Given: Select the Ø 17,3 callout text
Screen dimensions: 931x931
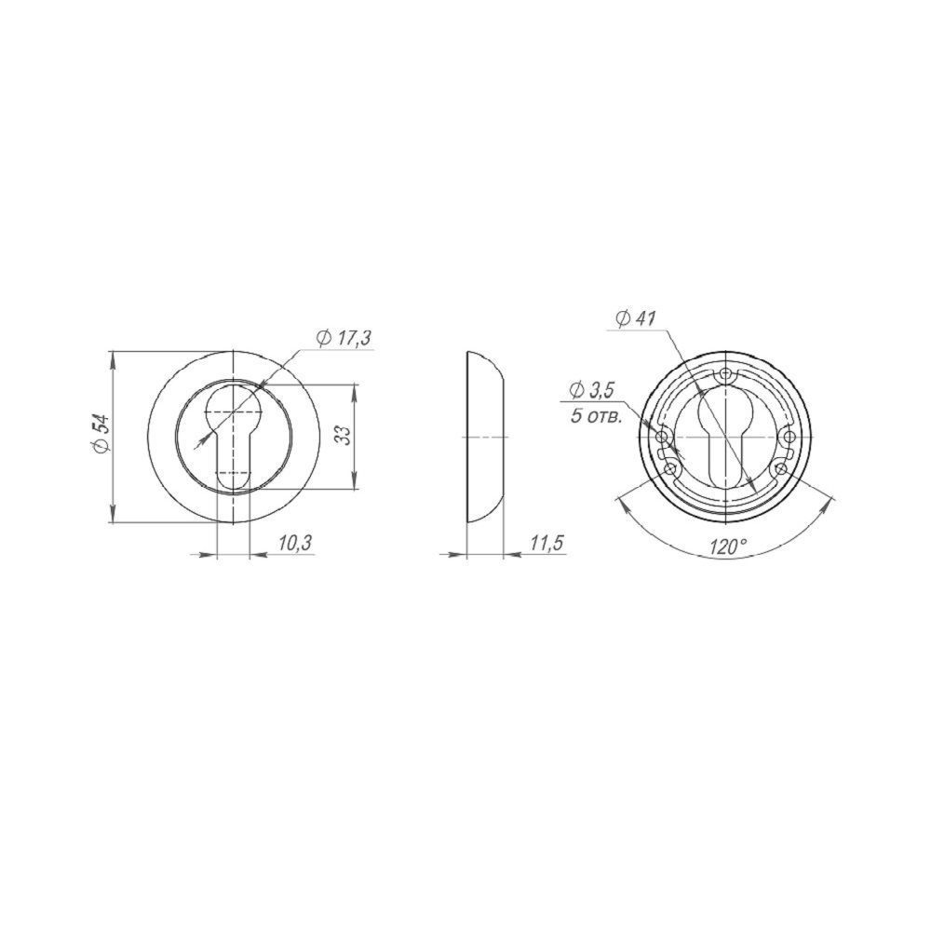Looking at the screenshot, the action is pyautogui.click(x=344, y=339).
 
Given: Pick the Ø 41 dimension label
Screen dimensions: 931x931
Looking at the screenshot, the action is pyautogui.click(x=635, y=318).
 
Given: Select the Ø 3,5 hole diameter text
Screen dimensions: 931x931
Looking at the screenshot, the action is pyautogui.click(x=591, y=391).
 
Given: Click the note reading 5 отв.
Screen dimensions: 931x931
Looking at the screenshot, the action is pyautogui.click(x=596, y=415).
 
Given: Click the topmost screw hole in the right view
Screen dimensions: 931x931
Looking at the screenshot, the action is pyautogui.click(x=725, y=374).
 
